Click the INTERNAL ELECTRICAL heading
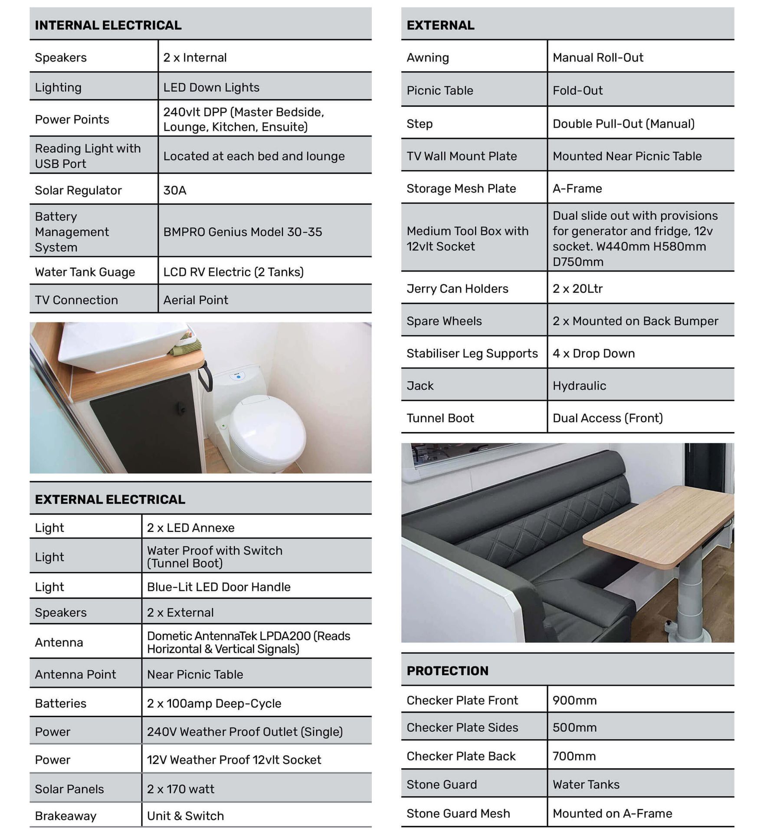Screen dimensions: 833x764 pos(108,25)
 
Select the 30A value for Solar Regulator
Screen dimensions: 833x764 pos(175,190)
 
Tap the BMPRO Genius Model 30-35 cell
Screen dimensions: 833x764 pos(243,232)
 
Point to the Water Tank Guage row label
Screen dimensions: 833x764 pos(85,272)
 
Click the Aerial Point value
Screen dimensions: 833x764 pos(196,300)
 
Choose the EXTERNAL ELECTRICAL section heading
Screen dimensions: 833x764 pos(110,499)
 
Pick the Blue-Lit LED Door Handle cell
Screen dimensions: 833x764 pos(219,587)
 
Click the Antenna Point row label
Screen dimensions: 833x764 pos(75,674)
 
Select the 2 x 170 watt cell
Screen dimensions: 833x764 pos(180,789)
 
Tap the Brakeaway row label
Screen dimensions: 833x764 pos(66,816)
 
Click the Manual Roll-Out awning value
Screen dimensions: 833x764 pos(598,57)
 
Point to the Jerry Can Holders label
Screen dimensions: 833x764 pos(457,289)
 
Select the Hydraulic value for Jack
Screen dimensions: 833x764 pos(579,385)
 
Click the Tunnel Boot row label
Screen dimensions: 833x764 pos(440,418)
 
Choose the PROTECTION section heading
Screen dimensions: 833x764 pos(448,671)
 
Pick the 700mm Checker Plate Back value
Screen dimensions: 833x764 pos(574,756)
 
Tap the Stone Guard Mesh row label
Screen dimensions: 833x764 pos(458,813)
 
